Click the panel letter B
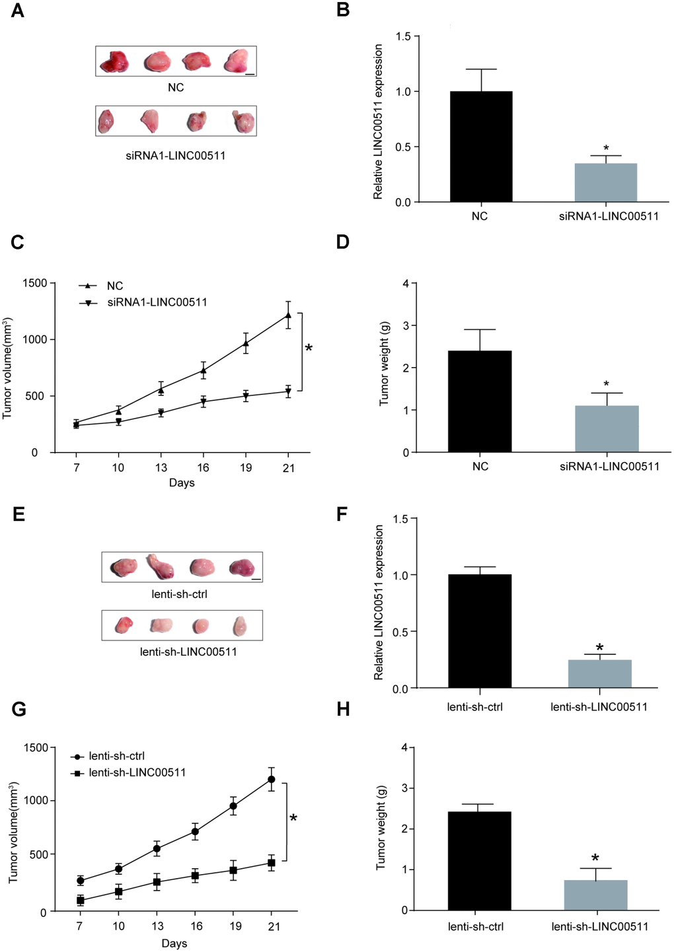pyautogui.click(x=343, y=11)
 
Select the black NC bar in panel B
pyautogui.click(x=480, y=147)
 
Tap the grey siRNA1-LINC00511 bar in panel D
pyautogui.click(x=607, y=429)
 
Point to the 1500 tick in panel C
pyautogui.click(x=34, y=283)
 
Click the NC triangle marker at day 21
pyautogui.click(x=288, y=315)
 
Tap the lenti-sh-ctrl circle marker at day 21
pyautogui.click(x=271, y=780)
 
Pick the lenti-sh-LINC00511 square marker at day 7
pyautogui.click(x=80, y=900)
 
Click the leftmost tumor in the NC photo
pyautogui.click(x=114, y=61)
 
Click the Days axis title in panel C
pyautogui.click(x=182, y=483)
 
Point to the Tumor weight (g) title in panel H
pyautogui.click(x=381, y=827)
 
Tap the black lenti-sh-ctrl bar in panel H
pyautogui.click(x=479, y=861)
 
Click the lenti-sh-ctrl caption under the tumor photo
pyautogui.click(x=180, y=594)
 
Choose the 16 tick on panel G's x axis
pyautogui.click(x=196, y=926)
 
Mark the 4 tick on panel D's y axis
pyautogui.click(x=405, y=284)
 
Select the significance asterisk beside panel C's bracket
pyautogui.click(x=309, y=348)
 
